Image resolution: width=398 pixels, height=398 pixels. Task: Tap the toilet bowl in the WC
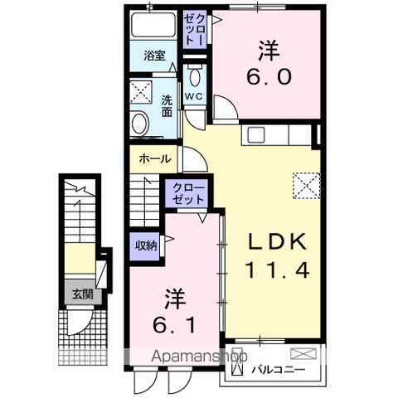[194, 76]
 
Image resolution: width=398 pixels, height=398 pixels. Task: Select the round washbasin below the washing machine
[140, 125]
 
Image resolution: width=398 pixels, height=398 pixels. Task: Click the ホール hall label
[155, 159]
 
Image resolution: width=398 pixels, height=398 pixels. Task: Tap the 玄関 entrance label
[81, 293]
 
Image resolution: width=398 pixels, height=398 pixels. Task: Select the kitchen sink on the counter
[254, 134]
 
